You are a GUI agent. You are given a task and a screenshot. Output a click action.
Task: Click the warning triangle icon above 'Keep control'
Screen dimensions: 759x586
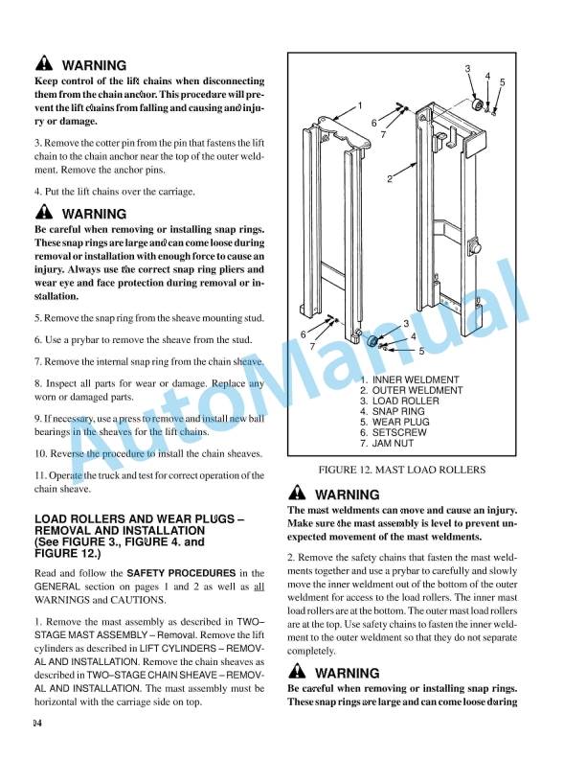pyautogui.click(x=44, y=66)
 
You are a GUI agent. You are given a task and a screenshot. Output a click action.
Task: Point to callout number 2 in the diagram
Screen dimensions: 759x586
pyautogui.click(x=390, y=179)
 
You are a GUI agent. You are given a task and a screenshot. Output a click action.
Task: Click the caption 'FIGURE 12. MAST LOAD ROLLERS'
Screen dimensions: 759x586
pyautogui.click(x=401, y=470)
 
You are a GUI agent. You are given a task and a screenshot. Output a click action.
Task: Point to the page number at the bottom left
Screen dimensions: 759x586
pyautogui.click(x=36, y=722)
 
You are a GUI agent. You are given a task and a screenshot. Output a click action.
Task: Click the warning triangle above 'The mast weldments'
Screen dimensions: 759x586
pyautogui.click(x=297, y=494)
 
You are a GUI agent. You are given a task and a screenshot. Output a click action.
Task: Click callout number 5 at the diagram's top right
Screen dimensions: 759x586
pyautogui.click(x=502, y=83)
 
